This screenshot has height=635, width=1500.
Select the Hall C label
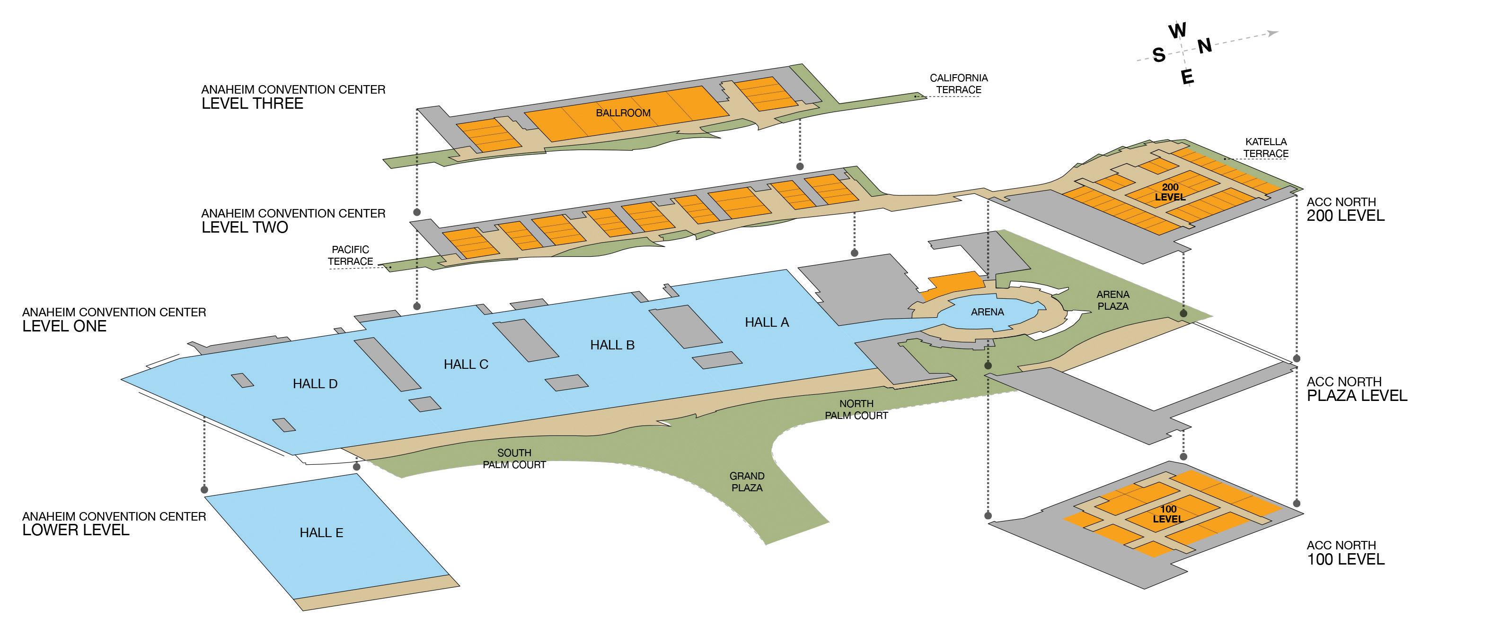pyautogui.click(x=466, y=365)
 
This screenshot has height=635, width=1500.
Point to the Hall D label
pyautogui.click(x=315, y=383)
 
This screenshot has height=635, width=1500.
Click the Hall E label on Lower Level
pyautogui.click(x=321, y=532)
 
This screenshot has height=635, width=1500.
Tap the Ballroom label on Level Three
pyautogui.click(x=623, y=113)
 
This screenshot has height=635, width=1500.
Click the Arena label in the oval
pyautogui.click(x=988, y=312)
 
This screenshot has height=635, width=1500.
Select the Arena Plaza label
pyautogui.click(x=1113, y=300)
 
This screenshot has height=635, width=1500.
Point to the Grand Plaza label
pyautogui.click(x=747, y=482)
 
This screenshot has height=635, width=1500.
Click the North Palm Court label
pyautogui.click(x=856, y=410)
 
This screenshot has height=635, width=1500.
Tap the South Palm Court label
pyautogui.click(x=514, y=459)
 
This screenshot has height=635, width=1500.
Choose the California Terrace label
pyautogui.click(x=959, y=84)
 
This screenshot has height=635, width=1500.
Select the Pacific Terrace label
pyautogui.click(x=351, y=255)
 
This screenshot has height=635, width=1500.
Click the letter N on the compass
pyautogui.click(x=1205, y=45)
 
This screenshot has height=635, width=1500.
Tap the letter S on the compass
pyautogui.click(x=1159, y=55)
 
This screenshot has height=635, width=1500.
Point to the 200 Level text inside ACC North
pyautogui.click(x=1170, y=192)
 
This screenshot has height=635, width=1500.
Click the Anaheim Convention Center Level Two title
pyautogui.click(x=293, y=221)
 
